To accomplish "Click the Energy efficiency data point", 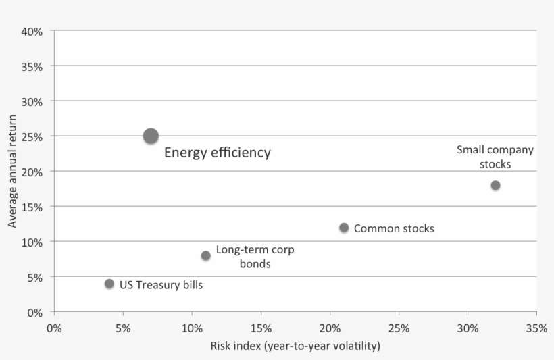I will click(151, 136).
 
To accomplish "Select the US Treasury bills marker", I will click(109, 284).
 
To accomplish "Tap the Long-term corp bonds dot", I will click(205, 255).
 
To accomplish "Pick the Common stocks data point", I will click(344, 228).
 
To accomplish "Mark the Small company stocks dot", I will click(495, 185).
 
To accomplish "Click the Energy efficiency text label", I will click(218, 153).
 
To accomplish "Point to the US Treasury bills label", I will click(161, 285).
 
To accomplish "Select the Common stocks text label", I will click(394, 228).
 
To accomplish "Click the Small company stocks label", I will click(495, 157).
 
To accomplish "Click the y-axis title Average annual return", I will click(12, 171).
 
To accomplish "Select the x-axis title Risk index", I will click(295, 346).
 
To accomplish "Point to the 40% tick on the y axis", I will click(32, 32).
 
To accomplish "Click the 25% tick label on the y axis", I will click(32, 136).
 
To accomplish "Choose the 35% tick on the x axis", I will click(536, 328).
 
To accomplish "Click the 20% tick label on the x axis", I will click(330, 328).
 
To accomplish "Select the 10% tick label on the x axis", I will click(192, 328).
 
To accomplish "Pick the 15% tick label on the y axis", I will click(32, 207).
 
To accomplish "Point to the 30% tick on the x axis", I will click(468, 328).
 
